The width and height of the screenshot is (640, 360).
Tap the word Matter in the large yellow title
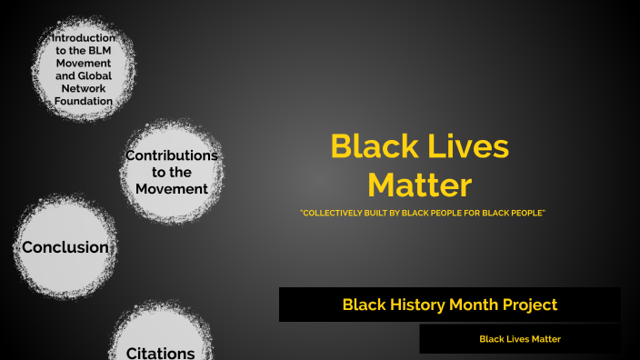[x=419, y=185]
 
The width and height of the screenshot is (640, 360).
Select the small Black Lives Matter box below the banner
[x=520, y=339]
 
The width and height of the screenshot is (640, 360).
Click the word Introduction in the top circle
[x=83, y=38]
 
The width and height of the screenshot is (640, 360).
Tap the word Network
[x=82, y=89]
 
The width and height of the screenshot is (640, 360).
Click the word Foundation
[x=82, y=102]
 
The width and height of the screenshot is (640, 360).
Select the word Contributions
[x=172, y=155]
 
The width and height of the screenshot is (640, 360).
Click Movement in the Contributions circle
[x=172, y=189]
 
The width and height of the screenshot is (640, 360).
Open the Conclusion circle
[x=65, y=247]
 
